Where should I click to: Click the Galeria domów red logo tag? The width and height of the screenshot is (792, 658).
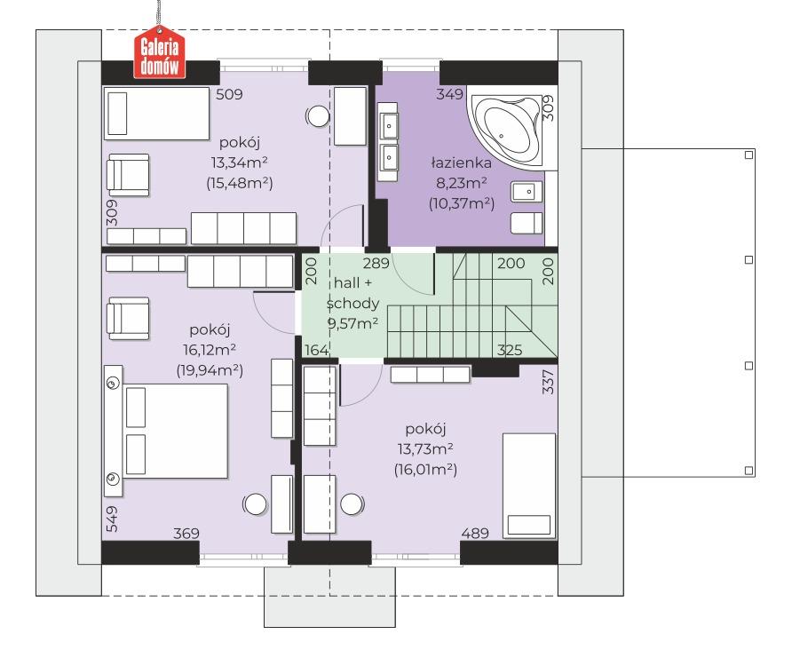pos(159,53)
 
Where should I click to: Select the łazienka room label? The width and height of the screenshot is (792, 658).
pos(461,163)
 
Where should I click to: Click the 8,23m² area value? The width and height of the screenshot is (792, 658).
pos(461,183)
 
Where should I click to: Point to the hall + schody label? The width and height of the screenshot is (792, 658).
pos(352,293)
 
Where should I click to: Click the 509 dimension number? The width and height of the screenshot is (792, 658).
pos(229,94)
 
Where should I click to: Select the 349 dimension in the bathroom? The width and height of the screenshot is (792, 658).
pos(449,94)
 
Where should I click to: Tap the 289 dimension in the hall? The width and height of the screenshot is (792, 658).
pos(376,263)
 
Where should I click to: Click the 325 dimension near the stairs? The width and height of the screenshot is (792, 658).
pos(510,350)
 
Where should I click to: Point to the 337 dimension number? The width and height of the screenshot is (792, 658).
pos(548,382)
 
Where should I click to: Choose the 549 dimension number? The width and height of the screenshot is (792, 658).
pos(112,519)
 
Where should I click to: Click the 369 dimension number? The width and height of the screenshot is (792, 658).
pos(186,534)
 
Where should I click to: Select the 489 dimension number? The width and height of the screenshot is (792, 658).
pos(475,534)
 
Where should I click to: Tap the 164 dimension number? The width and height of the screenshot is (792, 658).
pos(317,350)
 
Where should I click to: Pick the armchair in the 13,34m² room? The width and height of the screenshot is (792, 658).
pos(128,175)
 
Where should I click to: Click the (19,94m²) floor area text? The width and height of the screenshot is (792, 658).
pos(210,370)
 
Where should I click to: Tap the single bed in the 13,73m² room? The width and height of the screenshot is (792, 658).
pos(529,486)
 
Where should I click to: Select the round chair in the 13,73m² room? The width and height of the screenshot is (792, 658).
pos(352,504)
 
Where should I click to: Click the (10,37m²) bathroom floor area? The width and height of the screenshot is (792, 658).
pos(461,203)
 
